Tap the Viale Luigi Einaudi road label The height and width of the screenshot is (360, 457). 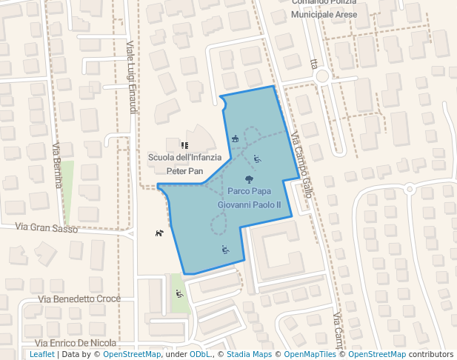tap(132, 77)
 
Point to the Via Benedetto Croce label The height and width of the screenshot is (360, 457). tap(79, 299)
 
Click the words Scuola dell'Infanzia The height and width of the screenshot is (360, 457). tap(184, 158)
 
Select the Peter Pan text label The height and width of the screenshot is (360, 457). tap(184, 170)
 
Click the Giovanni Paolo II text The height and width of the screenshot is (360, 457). tap(249, 204)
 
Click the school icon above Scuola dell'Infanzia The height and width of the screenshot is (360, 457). tap(184, 145)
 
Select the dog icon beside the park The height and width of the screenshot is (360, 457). tap(159, 234)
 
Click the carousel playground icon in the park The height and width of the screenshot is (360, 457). tap(235, 139)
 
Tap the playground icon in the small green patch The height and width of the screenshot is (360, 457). tap(179, 293)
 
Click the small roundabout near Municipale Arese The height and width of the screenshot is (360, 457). tap(321, 76)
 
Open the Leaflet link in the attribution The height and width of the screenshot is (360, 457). tap(41, 354)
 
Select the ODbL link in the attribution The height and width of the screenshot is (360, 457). tap(199, 354)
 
